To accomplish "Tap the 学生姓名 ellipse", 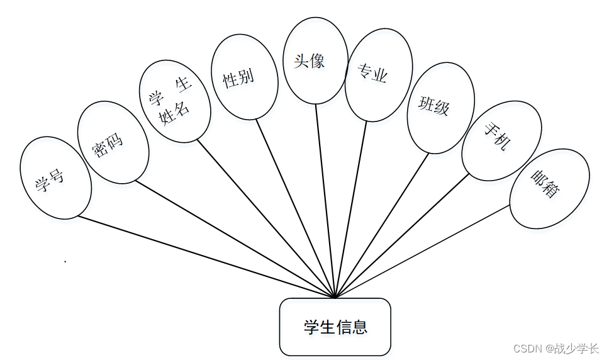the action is click(x=175, y=101).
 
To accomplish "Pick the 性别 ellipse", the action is click(x=244, y=77).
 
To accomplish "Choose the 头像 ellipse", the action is click(x=315, y=61).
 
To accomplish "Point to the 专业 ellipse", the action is click(x=378, y=74).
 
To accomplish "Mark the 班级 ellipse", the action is click(x=440, y=107).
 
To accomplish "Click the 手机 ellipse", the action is click(x=501, y=140).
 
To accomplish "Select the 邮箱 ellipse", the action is click(x=549, y=189).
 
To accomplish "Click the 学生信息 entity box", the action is click(x=335, y=327).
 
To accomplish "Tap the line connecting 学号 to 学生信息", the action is click(x=208, y=257).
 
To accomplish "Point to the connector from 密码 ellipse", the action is click(x=236, y=240).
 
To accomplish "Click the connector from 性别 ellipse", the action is click(x=296, y=208).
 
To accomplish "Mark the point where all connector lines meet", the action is click(x=335, y=297).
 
